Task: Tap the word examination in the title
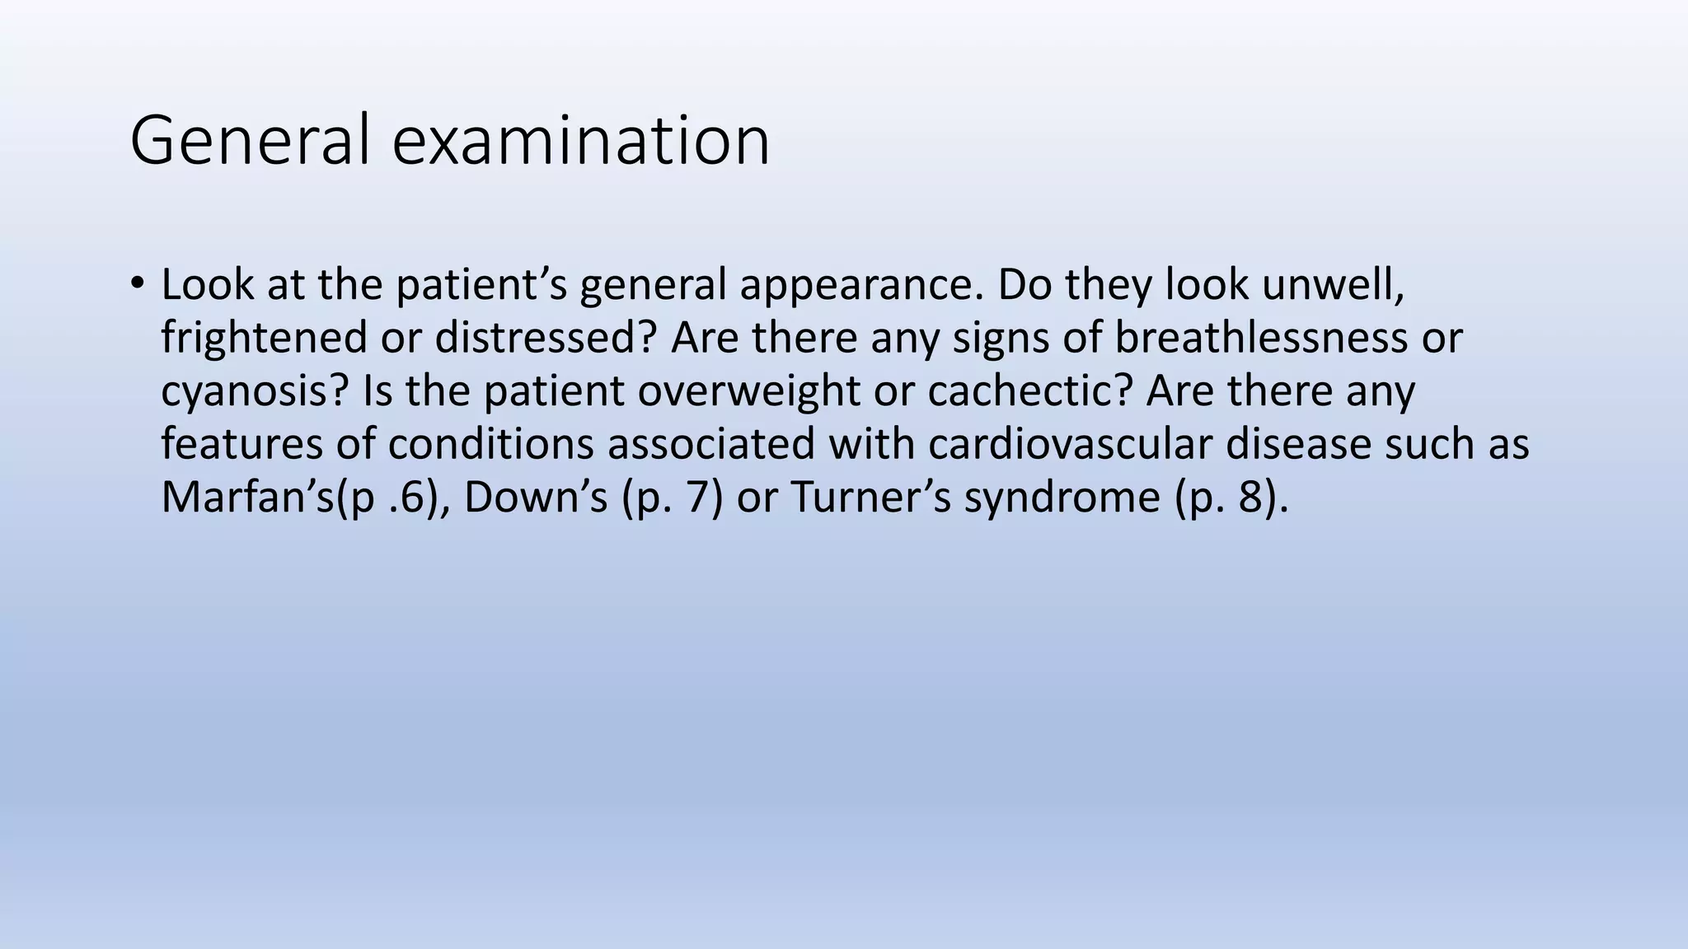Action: click(x=581, y=141)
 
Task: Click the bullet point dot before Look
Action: click(x=136, y=283)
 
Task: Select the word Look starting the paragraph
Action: click(x=208, y=285)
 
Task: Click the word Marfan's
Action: click(x=248, y=498)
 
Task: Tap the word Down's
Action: click(x=536, y=498)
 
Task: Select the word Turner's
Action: click(x=871, y=498)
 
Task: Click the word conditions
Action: click(x=491, y=444)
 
